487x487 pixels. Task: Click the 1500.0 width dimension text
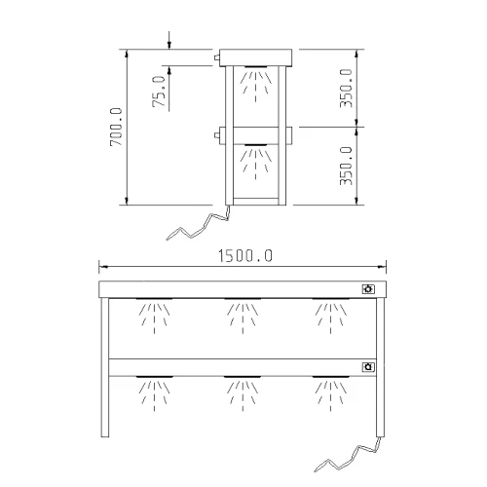pyautogui.click(x=245, y=255)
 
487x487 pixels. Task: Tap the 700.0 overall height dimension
pyautogui.click(x=116, y=127)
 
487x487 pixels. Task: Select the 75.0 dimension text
pyautogui.click(x=159, y=92)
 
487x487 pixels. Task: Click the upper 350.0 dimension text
pyautogui.click(x=346, y=88)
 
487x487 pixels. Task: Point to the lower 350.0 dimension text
pyautogui.click(x=346, y=166)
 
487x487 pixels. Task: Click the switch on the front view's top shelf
pyautogui.click(x=368, y=289)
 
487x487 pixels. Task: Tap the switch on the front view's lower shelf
pyautogui.click(x=368, y=367)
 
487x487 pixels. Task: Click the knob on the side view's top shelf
pyautogui.click(x=216, y=57)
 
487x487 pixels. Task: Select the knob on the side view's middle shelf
pyautogui.click(x=216, y=135)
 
